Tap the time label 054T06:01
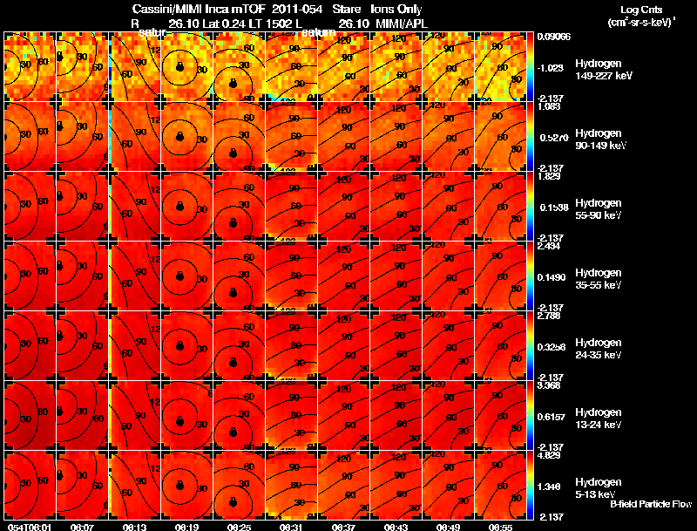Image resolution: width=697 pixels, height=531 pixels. tap(28, 527)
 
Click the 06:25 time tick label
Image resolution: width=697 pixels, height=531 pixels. tap(238, 527)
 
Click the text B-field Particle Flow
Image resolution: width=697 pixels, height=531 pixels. tap(651, 504)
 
